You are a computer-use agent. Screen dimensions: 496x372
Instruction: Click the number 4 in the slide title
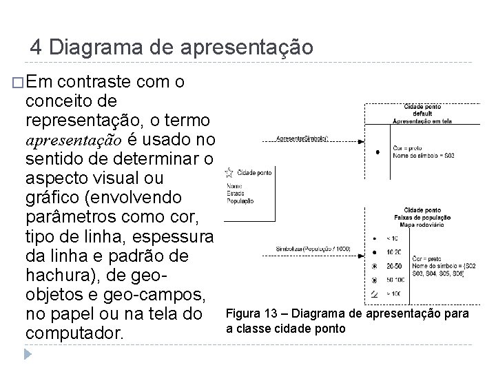point(37,48)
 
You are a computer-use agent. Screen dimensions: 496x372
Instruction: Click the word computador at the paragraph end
point(74,333)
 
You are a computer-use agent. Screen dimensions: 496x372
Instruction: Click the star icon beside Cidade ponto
point(229,172)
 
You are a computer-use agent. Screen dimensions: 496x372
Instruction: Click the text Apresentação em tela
point(422,121)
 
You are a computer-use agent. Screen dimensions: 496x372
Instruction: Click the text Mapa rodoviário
point(422,225)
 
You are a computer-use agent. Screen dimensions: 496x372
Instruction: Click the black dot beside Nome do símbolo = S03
point(377,151)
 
